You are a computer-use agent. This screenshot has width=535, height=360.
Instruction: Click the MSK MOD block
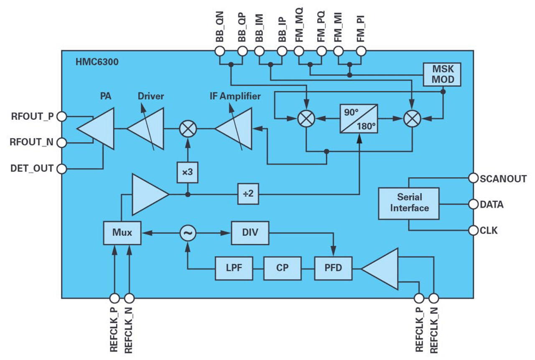click(442, 74)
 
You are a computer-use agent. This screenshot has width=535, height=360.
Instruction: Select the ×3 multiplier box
click(187, 172)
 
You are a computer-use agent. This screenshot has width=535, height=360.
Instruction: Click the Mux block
click(122, 233)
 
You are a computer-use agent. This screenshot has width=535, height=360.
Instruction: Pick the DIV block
click(250, 233)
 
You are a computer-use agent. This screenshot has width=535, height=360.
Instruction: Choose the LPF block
click(234, 268)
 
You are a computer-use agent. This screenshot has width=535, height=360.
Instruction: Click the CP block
click(282, 268)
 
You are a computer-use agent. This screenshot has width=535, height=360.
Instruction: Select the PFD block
click(333, 268)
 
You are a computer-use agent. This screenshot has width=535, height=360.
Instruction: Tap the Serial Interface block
click(409, 203)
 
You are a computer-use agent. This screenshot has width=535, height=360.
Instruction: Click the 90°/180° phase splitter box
click(359, 119)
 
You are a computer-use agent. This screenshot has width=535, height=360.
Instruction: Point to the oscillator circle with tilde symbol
click(187, 233)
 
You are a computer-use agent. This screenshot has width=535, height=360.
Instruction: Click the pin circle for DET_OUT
click(61, 169)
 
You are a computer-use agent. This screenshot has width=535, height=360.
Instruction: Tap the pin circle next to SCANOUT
click(473, 178)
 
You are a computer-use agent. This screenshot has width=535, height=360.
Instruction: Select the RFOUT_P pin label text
click(32, 117)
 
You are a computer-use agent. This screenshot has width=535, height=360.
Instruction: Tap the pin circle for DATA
click(473, 205)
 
